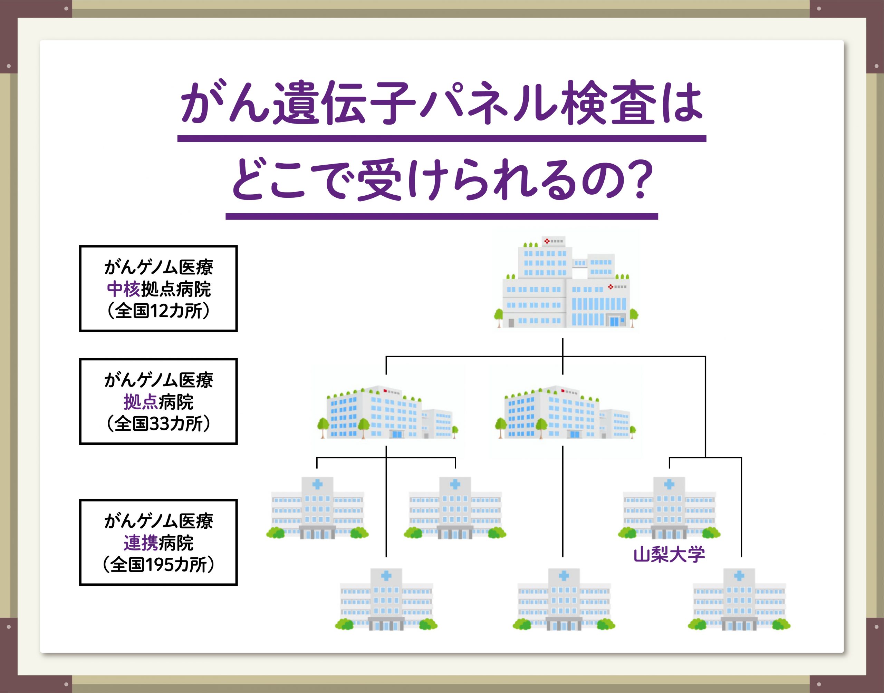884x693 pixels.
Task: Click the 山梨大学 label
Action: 669,554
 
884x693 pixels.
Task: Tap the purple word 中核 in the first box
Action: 124,289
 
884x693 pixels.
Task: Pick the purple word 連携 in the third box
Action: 141,543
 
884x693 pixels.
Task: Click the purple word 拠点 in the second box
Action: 141,402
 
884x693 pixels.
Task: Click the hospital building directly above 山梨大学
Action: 669,508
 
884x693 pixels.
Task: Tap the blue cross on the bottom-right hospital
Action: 739,575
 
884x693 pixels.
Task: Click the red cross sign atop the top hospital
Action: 547,241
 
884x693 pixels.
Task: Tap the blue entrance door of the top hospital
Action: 615,321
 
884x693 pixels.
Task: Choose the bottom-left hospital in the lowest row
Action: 386,599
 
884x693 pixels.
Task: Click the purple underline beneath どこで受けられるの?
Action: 442,216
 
